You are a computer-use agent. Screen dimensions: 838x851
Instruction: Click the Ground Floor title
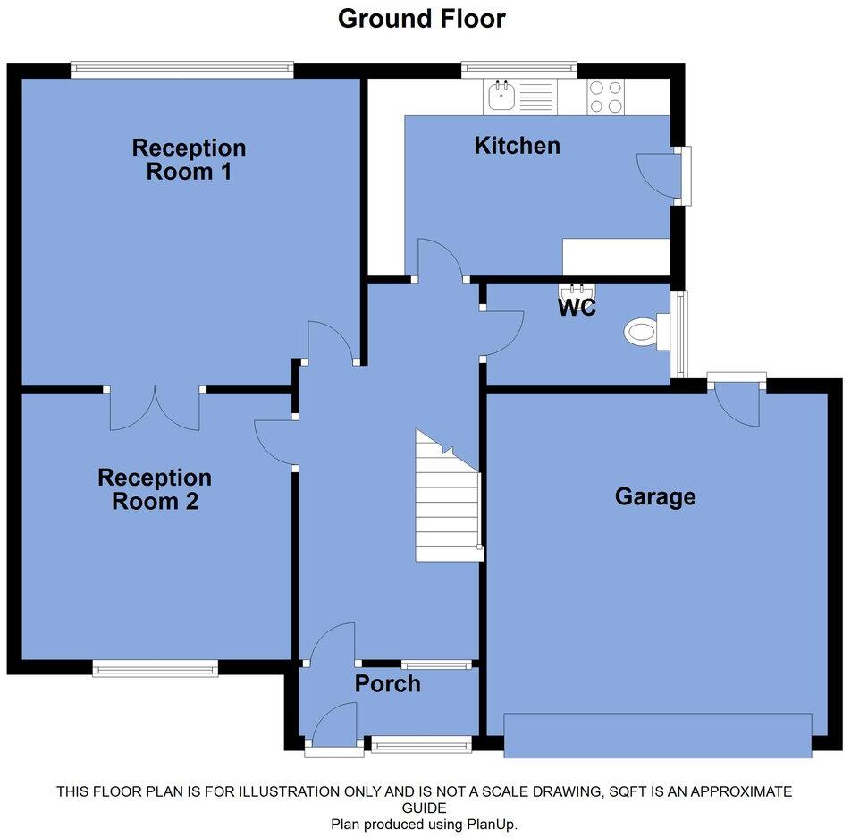click(421, 18)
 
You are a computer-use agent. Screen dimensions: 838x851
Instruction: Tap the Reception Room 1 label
click(189, 159)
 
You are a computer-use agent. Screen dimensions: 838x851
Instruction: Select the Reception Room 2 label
click(155, 489)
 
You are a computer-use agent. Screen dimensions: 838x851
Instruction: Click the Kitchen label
click(517, 145)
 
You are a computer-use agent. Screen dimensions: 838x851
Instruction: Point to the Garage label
click(654, 496)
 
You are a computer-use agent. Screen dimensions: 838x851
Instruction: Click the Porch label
click(387, 684)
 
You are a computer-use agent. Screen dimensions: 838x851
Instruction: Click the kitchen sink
click(501, 96)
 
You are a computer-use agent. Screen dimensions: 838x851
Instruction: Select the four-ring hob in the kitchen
click(605, 97)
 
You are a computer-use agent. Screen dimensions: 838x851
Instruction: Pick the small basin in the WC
click(576, 290)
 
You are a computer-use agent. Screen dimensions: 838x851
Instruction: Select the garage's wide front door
click(657, 736)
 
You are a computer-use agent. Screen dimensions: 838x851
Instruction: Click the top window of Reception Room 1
click(182, 70)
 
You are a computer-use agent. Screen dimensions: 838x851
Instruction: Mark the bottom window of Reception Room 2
click(156, 667)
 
